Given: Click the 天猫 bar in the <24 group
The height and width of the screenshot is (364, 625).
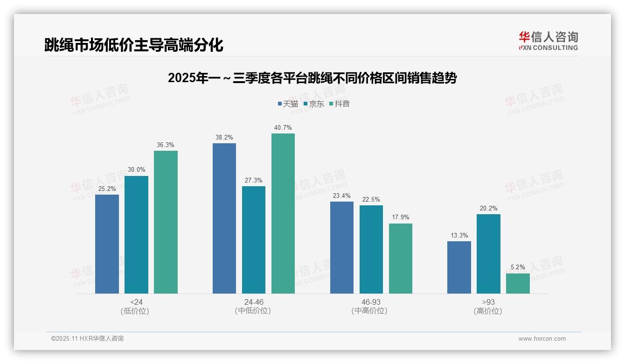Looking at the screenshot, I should click(x=107, y=244).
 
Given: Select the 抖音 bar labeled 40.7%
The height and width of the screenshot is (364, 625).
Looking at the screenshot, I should click(x=283, y=214).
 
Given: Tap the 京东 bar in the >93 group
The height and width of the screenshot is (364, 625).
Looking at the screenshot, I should click(x=488, y=254).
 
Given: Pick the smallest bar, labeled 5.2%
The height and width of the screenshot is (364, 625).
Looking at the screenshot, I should click(x=518, y=283).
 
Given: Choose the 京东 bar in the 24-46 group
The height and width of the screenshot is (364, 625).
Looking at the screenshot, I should click(x=254, y=240).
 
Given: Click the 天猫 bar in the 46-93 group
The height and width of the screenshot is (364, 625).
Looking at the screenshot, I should click(x=342, y=247).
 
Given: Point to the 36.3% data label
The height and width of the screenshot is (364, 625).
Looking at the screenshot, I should click(x=166, y=145).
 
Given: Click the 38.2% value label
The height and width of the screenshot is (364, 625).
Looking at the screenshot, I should click(x=224, y=138).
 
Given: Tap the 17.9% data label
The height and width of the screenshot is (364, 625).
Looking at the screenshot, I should click(x=401, y=217).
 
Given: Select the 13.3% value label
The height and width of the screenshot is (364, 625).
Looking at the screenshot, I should click(x=459, y=236).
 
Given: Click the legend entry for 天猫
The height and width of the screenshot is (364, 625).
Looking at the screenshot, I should click(x=288, y=104).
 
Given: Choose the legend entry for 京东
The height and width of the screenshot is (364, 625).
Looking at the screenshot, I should click(x=313, y=104).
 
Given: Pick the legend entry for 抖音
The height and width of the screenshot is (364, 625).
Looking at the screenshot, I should click(x=340, y=104).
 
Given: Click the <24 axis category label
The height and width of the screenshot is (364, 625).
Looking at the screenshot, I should click(x=136, y=302).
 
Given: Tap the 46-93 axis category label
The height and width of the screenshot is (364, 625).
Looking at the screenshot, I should click(x=371, y=302).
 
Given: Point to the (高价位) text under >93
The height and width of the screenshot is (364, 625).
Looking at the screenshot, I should click(x=488, y=311).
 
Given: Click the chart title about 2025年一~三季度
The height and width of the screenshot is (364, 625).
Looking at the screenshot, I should click(x=312, y=78).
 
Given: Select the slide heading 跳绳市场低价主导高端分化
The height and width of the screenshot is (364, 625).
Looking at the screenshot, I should click(x=134, y=45).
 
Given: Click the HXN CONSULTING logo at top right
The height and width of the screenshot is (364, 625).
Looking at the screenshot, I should click(x=549, y=41).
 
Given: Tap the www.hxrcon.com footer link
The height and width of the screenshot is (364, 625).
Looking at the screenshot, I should click(x=542, y=339).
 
